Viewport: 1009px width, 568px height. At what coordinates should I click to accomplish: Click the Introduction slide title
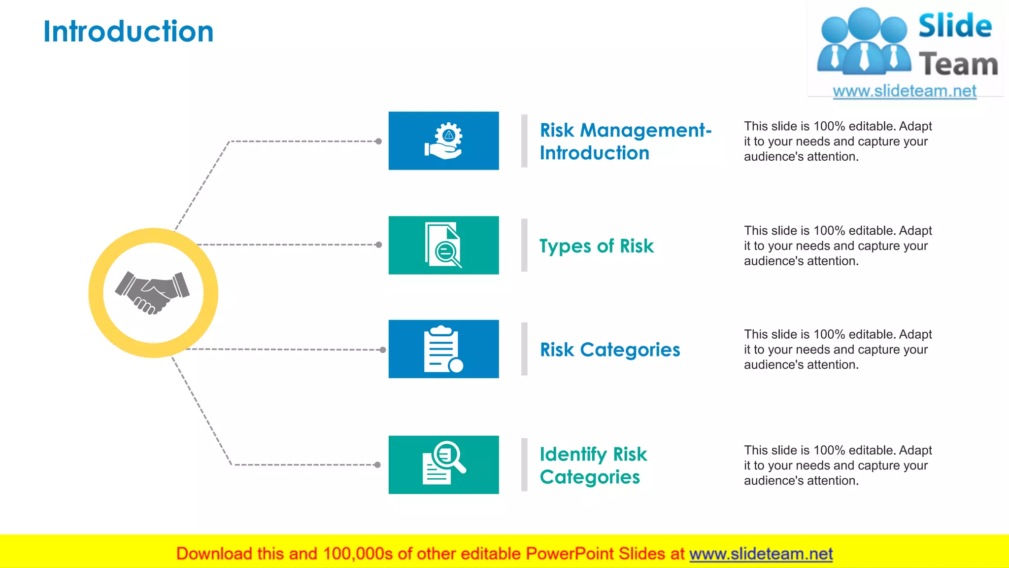pos(129,32)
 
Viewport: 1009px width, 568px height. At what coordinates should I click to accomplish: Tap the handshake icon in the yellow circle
pos(153,292)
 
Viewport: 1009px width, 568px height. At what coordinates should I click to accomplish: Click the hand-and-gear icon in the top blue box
pos(443,141)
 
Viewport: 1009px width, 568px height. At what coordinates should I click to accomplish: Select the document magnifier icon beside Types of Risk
pos(443,245)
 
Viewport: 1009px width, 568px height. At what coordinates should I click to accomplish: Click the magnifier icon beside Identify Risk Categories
pos(443,464)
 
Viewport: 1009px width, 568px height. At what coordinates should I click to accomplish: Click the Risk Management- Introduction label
pos(625,142)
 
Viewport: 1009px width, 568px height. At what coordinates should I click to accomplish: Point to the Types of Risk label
pos(596,246)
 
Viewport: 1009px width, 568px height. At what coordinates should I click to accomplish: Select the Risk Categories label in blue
pos(609,350)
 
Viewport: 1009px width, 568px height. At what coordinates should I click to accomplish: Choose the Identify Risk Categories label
pos(593,465)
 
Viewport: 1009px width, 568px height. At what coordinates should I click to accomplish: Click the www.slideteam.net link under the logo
pos(905,91)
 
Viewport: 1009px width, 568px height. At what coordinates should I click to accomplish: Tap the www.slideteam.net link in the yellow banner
pos(761,554)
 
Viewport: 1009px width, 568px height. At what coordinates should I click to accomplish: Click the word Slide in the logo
pos(955,26)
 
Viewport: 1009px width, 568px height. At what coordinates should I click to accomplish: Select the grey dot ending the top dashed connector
pos(378,142)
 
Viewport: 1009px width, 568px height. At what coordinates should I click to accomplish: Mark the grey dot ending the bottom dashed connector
pos(377,464)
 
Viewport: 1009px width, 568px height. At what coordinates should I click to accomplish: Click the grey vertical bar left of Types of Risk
pos(524,245)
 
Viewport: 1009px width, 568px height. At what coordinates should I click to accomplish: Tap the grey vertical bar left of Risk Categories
pos(524,349)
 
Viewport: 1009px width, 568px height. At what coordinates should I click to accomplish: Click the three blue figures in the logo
pos(864,42)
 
